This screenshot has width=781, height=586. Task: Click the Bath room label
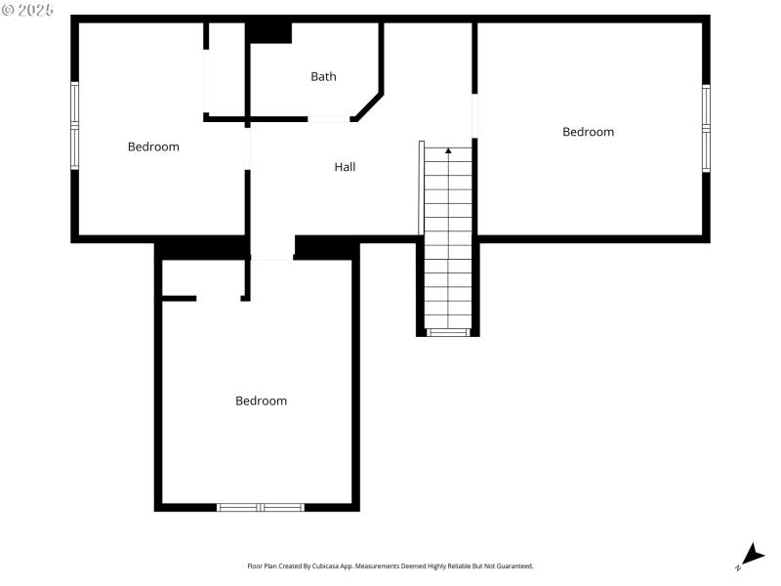point(323,76)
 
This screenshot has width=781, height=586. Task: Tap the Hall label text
point(345,167)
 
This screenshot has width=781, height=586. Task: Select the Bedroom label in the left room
point(153,146)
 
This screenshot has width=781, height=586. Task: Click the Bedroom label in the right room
point(588,132)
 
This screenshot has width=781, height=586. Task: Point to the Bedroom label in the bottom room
point(261,400)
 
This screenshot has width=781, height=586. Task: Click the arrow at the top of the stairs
point(448,150)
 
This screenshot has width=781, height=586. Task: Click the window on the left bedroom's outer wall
point(74,126)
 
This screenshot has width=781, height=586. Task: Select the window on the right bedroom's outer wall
point(706,128)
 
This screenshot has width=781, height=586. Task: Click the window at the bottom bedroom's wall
point(261,507)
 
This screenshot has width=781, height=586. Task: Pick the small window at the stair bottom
point(448,333)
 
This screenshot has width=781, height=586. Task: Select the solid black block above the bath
point(268,32)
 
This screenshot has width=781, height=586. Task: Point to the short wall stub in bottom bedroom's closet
point(180,298)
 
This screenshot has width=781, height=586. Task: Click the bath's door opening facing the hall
point(330,119)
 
